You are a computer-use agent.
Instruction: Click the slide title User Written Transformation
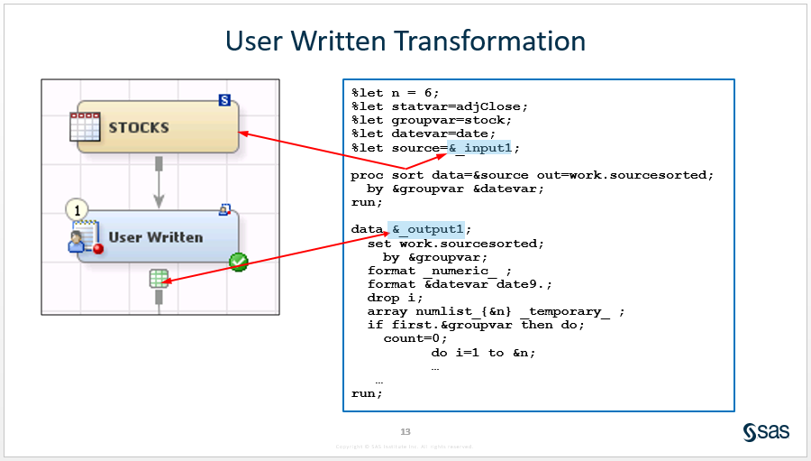coord(405,41)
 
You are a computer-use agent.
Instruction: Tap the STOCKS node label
coord(139,127)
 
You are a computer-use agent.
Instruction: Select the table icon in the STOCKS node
coord(85,127)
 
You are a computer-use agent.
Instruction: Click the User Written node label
coord(155,237)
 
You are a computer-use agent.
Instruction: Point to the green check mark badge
coord(238,262)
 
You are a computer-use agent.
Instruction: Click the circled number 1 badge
coord(77,210)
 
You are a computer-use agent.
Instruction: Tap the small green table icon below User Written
coord(159,278)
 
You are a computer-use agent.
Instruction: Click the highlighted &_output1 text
coord(427,229)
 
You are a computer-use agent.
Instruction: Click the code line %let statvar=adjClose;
coord(439,106)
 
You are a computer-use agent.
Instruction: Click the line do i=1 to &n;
coord(483,352)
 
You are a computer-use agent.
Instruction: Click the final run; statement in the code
coord(367,393)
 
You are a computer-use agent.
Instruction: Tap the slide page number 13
coord(405,431)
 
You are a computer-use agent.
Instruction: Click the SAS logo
coord(766,432)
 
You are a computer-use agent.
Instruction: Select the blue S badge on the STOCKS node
coord(224,100)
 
